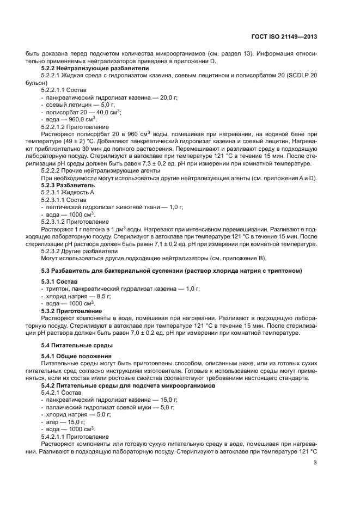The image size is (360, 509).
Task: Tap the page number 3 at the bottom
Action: coord(315,463)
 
